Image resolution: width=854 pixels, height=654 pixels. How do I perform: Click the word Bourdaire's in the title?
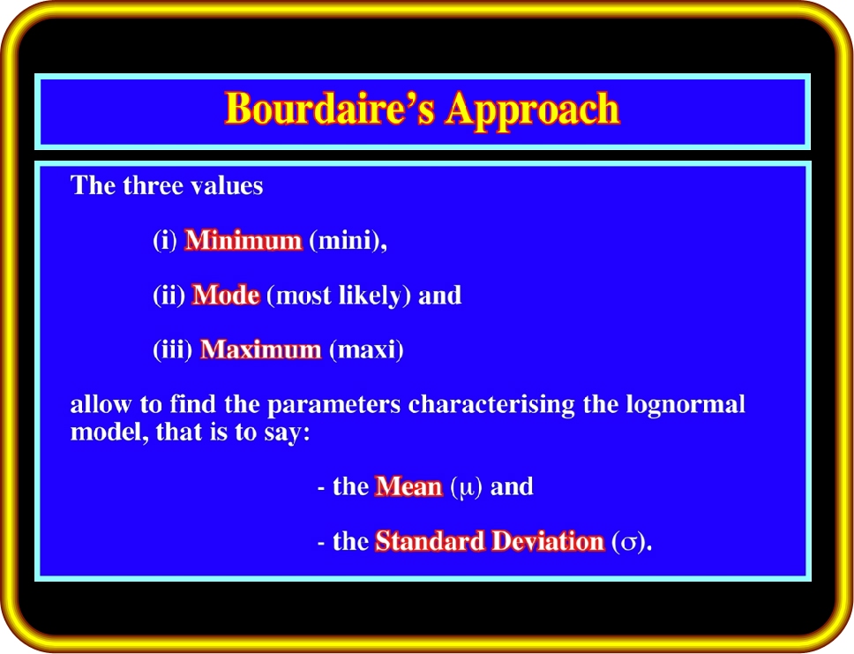point(330,108)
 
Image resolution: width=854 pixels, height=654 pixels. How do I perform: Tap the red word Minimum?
point(243,240)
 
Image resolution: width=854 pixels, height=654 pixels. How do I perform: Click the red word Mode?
point(226,295)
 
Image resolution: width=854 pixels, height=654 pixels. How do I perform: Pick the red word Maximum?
point(261,350)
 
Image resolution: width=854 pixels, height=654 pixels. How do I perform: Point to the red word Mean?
point(408,486)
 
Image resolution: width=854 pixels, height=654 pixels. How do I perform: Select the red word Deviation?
point(548,541)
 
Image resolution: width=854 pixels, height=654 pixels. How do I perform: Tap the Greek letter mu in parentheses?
point(467,488)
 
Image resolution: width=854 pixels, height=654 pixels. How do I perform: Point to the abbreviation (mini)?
point(348,240)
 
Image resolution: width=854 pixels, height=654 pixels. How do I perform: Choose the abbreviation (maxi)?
point(366,350)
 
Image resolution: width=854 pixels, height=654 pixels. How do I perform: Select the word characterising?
point(491,405)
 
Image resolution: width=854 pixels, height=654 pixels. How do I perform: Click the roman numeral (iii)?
point(173,350)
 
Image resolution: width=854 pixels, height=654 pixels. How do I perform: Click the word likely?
point(371,296)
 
